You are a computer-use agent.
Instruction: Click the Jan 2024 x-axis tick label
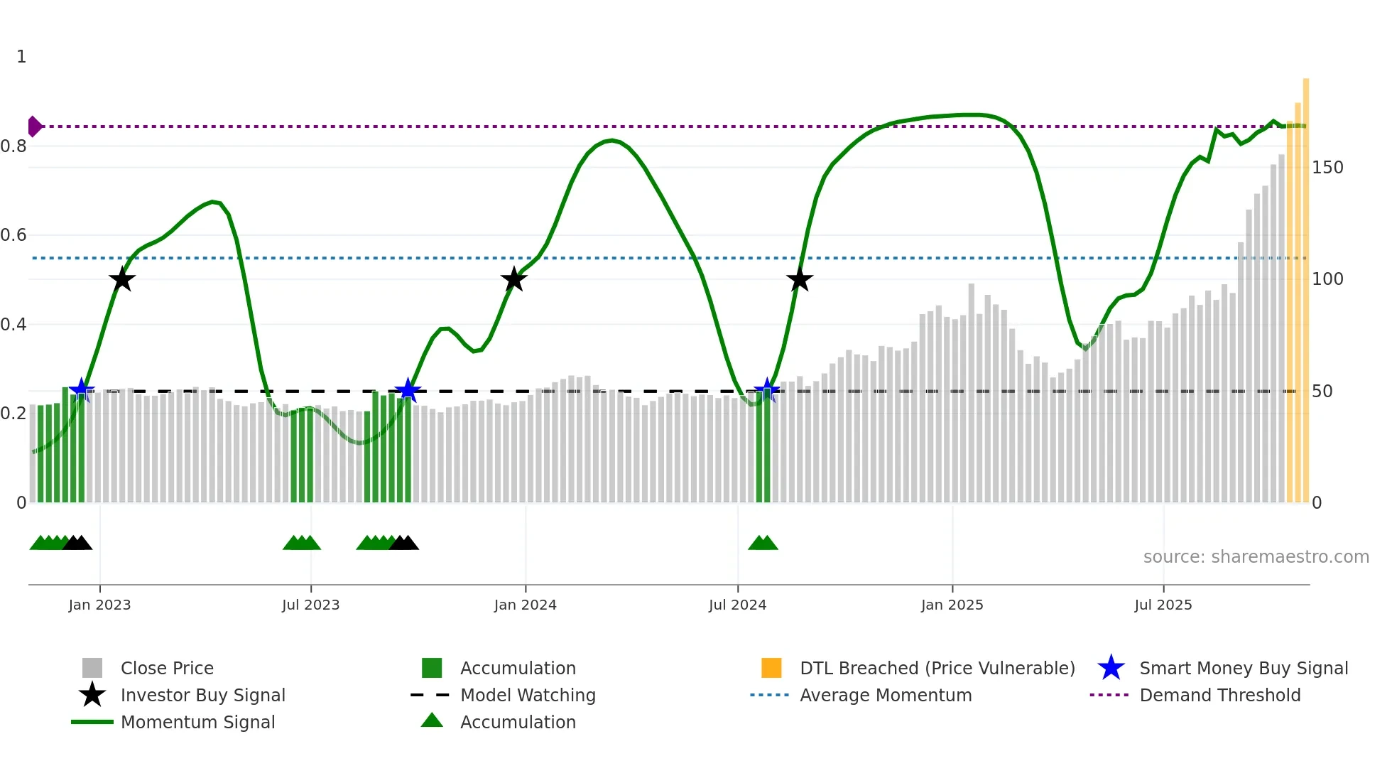click(x=525, y=605)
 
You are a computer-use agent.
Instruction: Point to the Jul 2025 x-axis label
click(x=1163, y=605)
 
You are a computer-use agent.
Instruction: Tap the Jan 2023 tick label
click(x=99, y=605)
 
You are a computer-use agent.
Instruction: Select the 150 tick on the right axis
click(x=1327, y=168)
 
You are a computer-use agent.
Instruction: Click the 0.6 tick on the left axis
click(x=13, y=235)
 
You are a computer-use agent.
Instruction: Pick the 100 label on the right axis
click(x=1327, y=279)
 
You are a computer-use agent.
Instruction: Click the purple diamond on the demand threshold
click(x=34, y=126)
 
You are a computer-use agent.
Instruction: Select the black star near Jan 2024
click(x=513, y=280)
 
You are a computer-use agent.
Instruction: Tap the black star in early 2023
click(x=122, y=280)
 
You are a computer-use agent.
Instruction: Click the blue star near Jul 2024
click(x=766, y=390)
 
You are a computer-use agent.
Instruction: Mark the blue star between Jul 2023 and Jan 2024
click(x=408, y=390)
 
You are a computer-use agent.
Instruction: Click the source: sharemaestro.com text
click(x=1256, y=557)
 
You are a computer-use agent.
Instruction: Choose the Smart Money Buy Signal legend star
click(x=1111, y=668)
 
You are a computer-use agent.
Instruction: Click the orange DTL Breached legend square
click(x=771, y=668)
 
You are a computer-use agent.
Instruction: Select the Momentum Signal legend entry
click(x=197, y=722)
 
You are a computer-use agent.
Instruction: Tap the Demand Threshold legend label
click(x=1219, y=695)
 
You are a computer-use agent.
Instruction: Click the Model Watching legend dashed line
click(x=430, y=695)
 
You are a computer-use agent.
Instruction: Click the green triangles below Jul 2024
click(x=763, y=544)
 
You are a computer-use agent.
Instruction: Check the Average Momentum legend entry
click(x=885, y=695)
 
